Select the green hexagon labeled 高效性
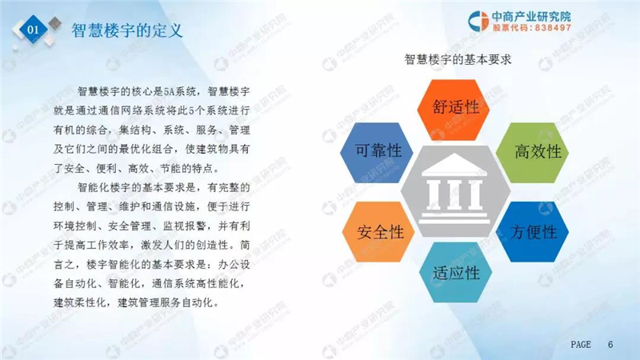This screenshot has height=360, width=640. (x=532, y=152)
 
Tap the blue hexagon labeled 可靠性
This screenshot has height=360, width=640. (x=376, y=152)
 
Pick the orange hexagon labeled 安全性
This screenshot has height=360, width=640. (x=378, y=231)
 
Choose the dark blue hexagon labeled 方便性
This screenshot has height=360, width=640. (x=532, y=231)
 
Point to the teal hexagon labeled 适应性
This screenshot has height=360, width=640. (x=455, y=272)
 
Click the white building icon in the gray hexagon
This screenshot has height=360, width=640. (x=454, y=189)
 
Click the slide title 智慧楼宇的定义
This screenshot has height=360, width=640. (x=127, y=30)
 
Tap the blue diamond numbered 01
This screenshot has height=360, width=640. (x=33, y=29)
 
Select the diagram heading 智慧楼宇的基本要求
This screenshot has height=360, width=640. (x=458, y=59)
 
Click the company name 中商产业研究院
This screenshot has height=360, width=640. (x=531, y=17)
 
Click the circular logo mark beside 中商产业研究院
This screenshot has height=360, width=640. (x=478, y=21)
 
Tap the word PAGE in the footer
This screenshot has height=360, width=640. (x=581, y=345)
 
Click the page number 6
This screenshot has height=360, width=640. (x=610, y=345)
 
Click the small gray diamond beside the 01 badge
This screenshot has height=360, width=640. (x=54, y=23)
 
